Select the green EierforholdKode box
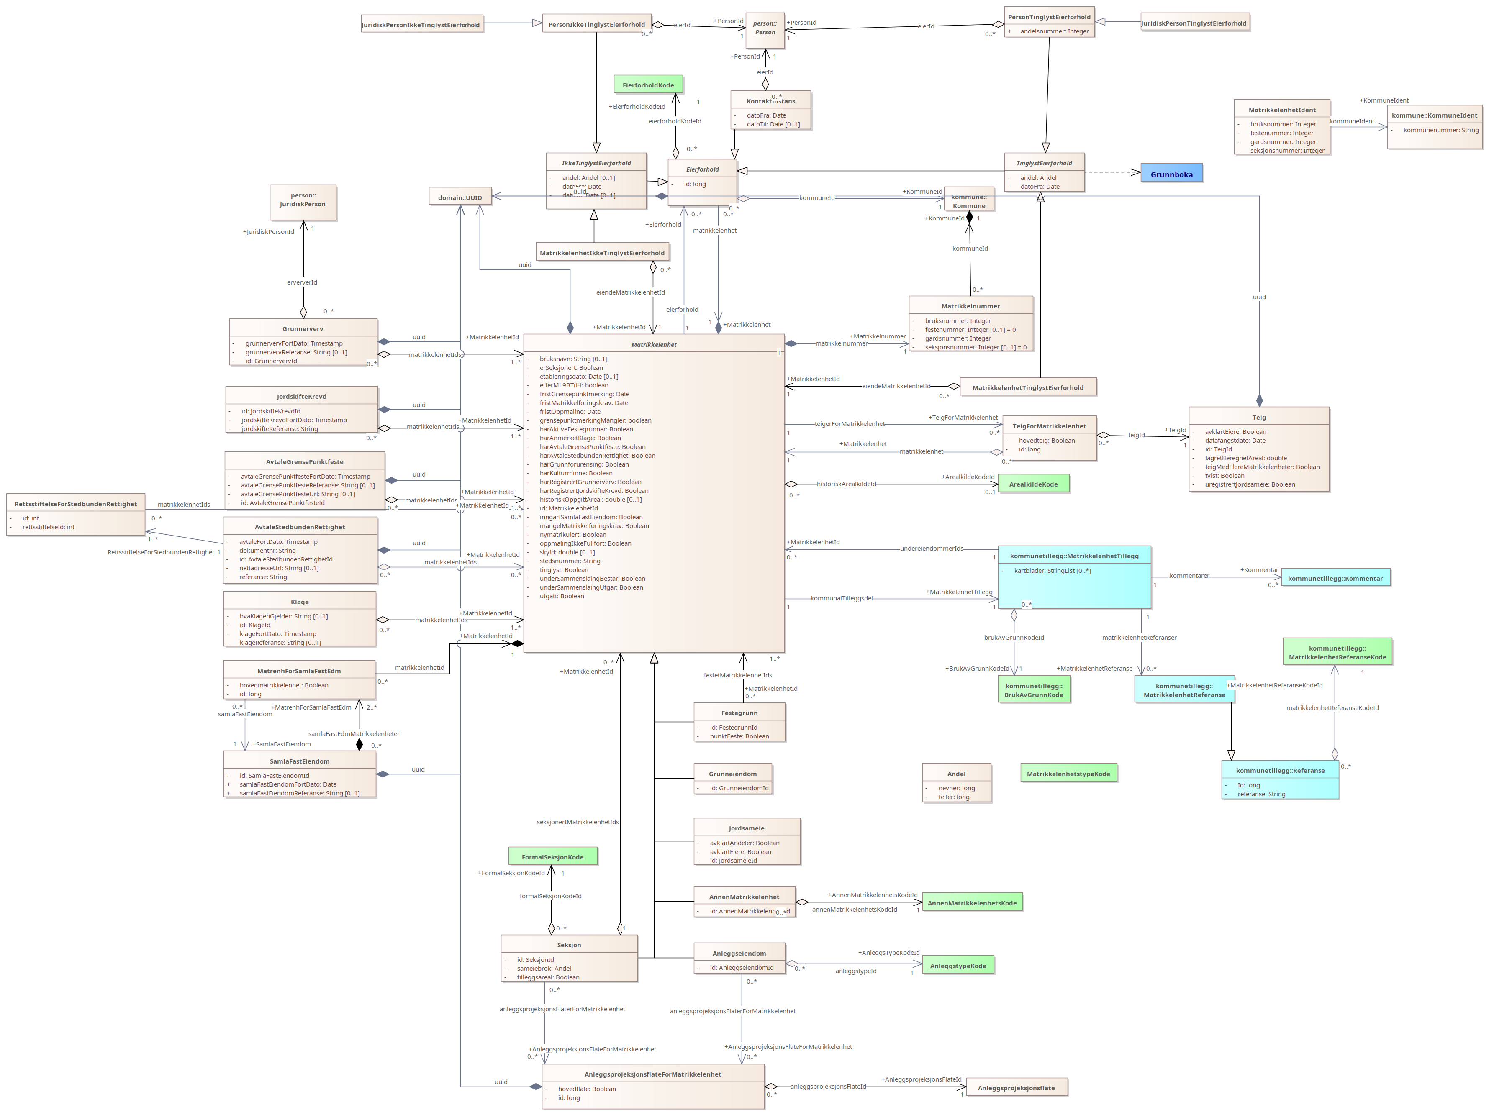tap(648, 85)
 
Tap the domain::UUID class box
tap(460, 197)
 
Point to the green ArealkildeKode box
tap(1033, 484)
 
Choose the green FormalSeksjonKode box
tap(553, 856)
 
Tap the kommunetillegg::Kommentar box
tap(1335, 578)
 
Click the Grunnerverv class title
tap(303, 328)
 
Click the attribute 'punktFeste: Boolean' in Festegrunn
tap(739, 736)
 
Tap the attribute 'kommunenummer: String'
tap(1440, 130)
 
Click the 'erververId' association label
tap(302, 282)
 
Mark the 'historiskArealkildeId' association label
tap(846, 484)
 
